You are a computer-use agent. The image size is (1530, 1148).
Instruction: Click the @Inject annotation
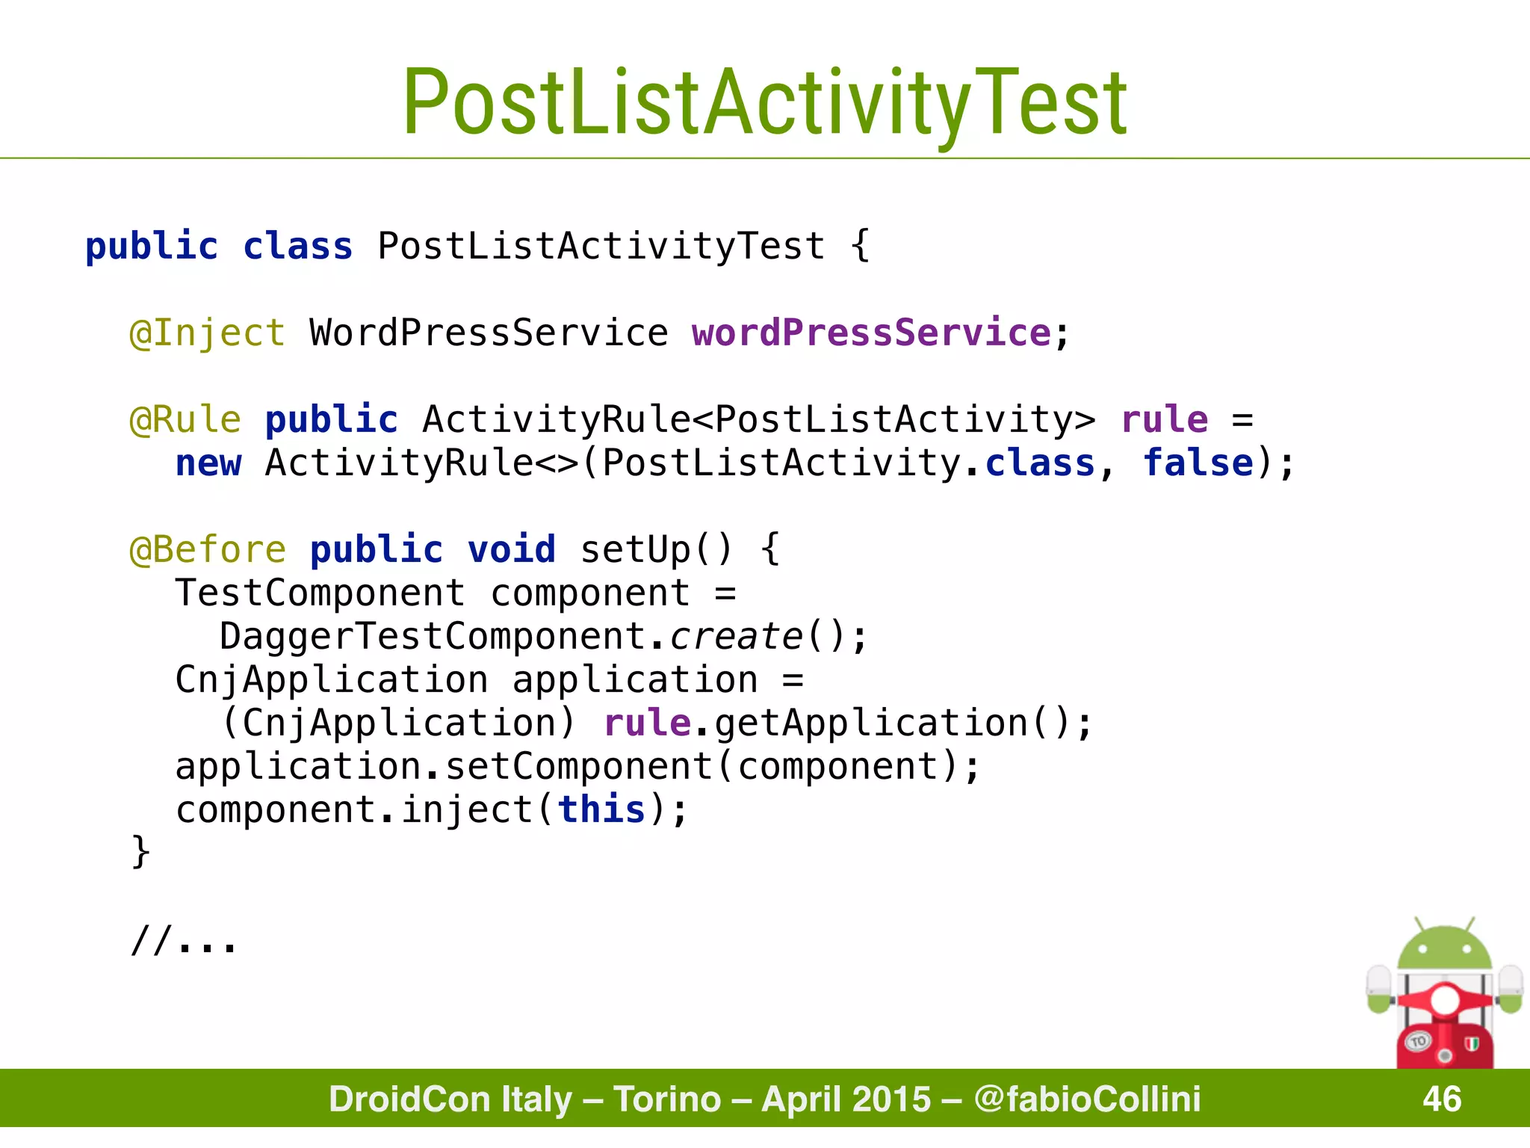pyautogui.click(x=207, y=333)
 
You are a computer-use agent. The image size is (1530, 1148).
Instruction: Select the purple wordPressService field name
pyautogui.click(x=871, y=333)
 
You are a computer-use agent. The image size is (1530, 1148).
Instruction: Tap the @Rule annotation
pyautogui.click(x=185, y=419)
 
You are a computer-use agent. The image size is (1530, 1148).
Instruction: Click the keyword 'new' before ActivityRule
pyautogui.click(x=208, y=463)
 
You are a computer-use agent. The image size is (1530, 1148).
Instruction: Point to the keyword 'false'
pyautogui.click(x=1198, y=463)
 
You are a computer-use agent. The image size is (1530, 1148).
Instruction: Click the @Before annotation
pyautogui.click(x=207, y=549)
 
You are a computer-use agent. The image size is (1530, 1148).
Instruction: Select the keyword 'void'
pyautogui.click(x=511, y=549)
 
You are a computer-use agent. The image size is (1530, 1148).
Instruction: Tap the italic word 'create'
pyautogui.click(x=736, y=637)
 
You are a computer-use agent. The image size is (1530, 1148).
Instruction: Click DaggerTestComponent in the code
pyautogui.click(x=432, y=637)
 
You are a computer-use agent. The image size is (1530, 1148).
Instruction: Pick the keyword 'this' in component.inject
pyautogui.click(x=601, y=809)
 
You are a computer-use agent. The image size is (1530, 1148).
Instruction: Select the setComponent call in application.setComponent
pyautogui.click(x=579, y=767)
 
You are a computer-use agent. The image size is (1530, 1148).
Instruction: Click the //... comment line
pyautogui.click(x=184, y=939)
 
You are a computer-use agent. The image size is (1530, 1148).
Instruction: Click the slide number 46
pyautogui.click(x=1441, y=1099)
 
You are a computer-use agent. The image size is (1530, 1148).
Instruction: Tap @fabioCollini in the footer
pyautogui.click(x=1087, y=1099)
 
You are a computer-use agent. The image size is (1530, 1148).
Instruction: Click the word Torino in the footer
pyautogui.click(x=667, y=1099)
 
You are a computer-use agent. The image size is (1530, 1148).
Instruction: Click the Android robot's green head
pyautogui.click(x=1444, y=949)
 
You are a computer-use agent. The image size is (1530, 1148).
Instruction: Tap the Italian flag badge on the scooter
pyautogui.click(x=1472, y=1043)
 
